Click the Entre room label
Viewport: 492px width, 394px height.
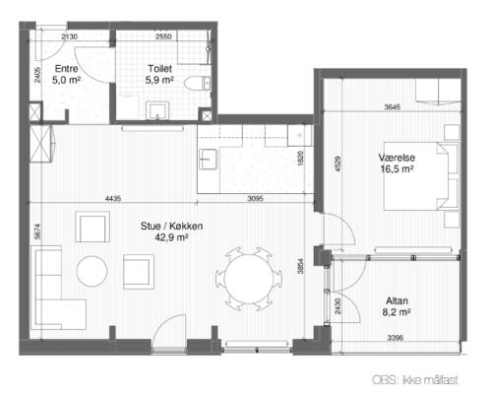pyautogui.click(x=67, y=69)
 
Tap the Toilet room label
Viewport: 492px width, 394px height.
pyautogui.click(x=159, y=69)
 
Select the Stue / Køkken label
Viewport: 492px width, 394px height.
pyautogui.click(x=171, y=226)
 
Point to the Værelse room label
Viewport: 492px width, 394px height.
pyautogui.click(x=397, y=158)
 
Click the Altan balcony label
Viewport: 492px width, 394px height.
pyautogui.click(x=397, y=300)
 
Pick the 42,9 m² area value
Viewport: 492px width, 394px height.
pyautogui.click(x=171, y=237)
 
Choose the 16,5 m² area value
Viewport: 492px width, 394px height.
pyautogui.click(x=397, y=169)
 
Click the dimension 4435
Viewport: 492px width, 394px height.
pyautogui.click(x=113, y=198)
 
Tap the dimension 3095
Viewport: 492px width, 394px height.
pyautogui.click(x=255, y=198)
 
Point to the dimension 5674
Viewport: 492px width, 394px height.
pyautogui.click(x=37, y=231)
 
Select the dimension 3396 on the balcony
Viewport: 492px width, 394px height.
pyautogui.click(x=395, y=338)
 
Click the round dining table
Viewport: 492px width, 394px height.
pyautogui.click(x=249, y=280)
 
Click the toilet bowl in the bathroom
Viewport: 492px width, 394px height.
pyautogui.click(x=198, y=83)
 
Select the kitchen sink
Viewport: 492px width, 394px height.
pyautogui.click(x=208, y=160)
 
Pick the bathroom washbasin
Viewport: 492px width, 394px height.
pyautogui.click(x=157, y=111)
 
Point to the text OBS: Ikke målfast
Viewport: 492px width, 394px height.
pyautogui.click(x=415, y=380)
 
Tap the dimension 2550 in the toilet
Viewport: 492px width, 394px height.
pyautogui.click(x=163, y=36)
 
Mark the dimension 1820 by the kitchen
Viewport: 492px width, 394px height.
pyautogui.click(x=301, y=158)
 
